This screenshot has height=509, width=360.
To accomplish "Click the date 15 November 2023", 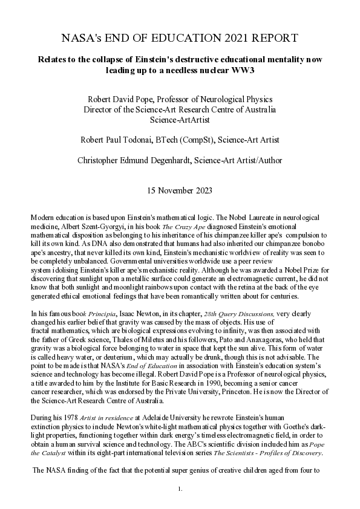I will [180, 191].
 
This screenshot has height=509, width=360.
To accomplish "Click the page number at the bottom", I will [180, 487].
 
